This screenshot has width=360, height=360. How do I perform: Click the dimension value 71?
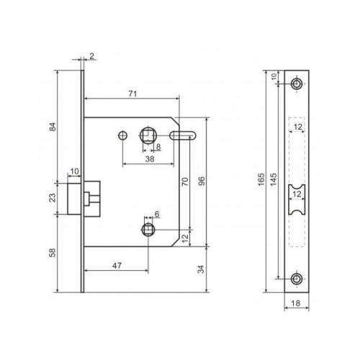click(x=132, y=94)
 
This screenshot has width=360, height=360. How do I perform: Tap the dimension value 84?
click(x=53, y=127)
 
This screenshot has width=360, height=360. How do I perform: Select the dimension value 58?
click(x=53, y=253)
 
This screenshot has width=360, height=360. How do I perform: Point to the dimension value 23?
click(x=53, y=198)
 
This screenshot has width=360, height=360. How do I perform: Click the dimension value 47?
click(x=117, y=266)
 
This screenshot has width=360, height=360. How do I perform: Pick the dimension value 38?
click(x=150, y=159)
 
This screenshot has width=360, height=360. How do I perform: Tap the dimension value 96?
click(x=202, y=181)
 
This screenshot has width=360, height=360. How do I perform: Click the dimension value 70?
click(x=185, y=181)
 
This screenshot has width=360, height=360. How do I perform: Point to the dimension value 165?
click(x=261, y=179)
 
